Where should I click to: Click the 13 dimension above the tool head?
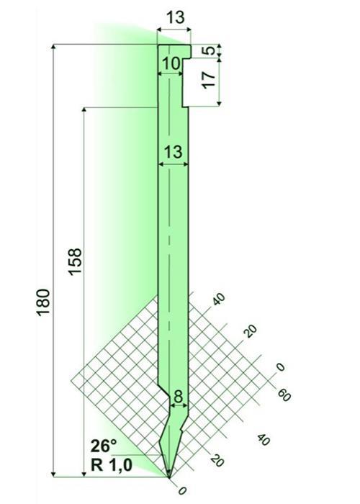tap(176, 17)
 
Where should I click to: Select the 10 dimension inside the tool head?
tap(171, 63)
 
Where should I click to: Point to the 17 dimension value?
tap(210, 81)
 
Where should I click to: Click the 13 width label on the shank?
tap(174, 151)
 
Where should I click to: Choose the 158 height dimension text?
tap(76, 261)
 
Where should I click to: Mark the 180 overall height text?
tap(43, 302)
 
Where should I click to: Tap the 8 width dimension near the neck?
tap(178, 397)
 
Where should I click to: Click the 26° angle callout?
tap(104, 446)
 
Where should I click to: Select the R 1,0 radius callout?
tap(112, 465)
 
